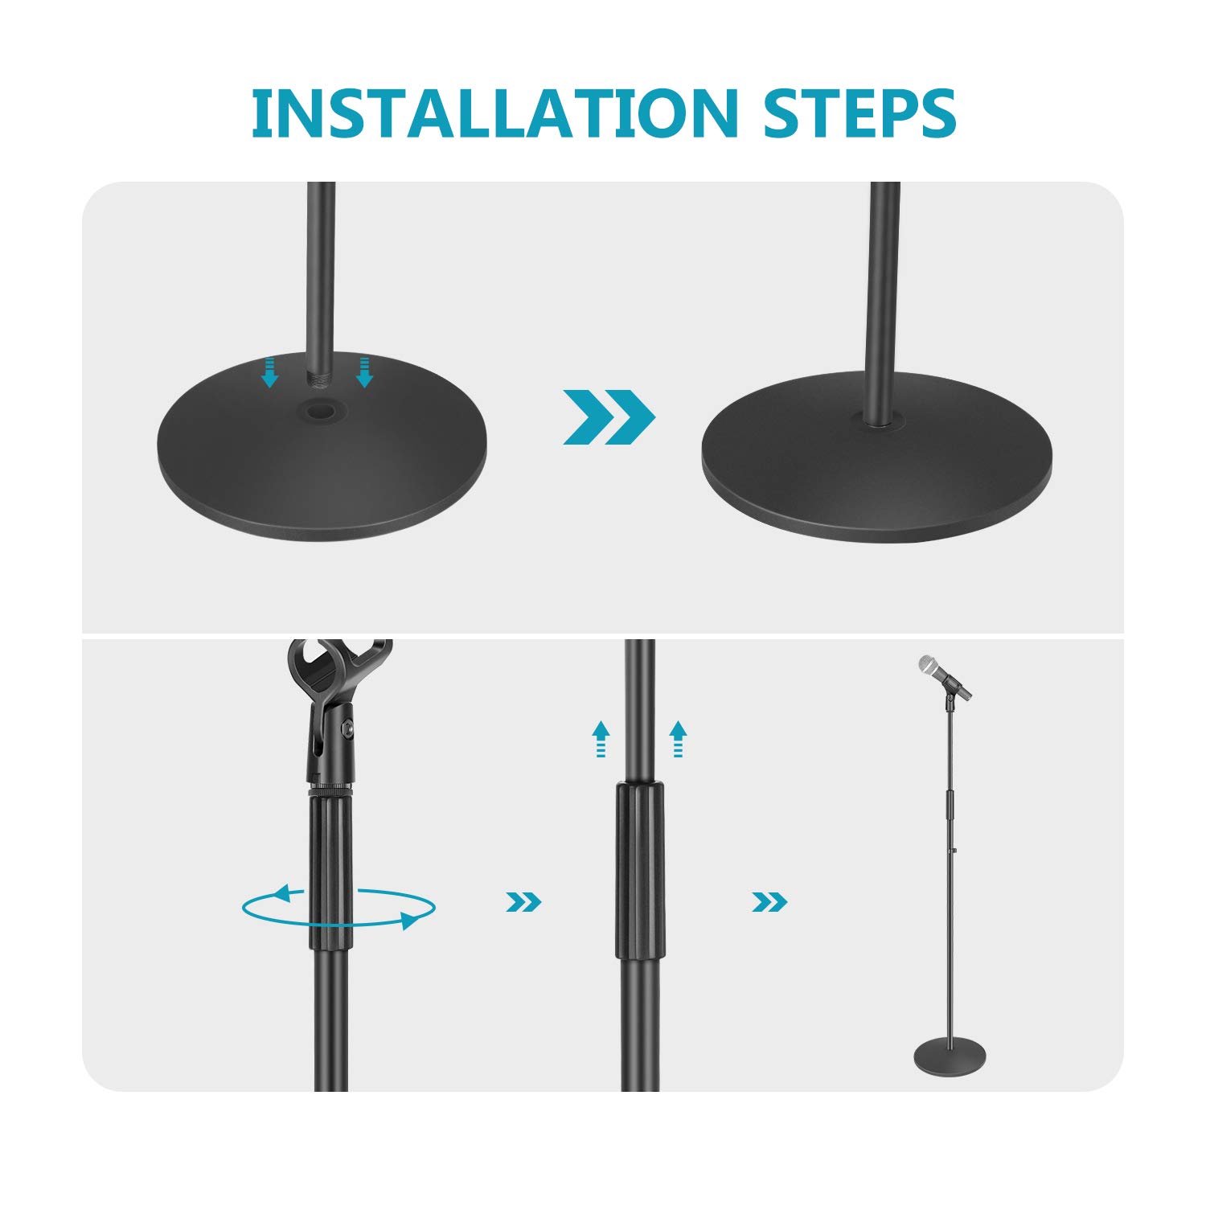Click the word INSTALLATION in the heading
[x=494, y=113]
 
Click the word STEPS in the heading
[x=859, y=113]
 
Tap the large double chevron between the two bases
[x=609, y=416]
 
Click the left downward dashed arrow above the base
[x=270, y=372]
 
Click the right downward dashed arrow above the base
[x=364, y=372]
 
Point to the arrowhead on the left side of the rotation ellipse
[x=281, y=892]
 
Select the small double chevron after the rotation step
[x=523, y=902]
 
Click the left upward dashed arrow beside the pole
[x=601, y=738]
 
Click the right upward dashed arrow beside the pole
[x=678, y=738]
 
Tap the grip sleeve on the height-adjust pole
[x=640, y=868]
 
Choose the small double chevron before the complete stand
[x=769, y=902]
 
